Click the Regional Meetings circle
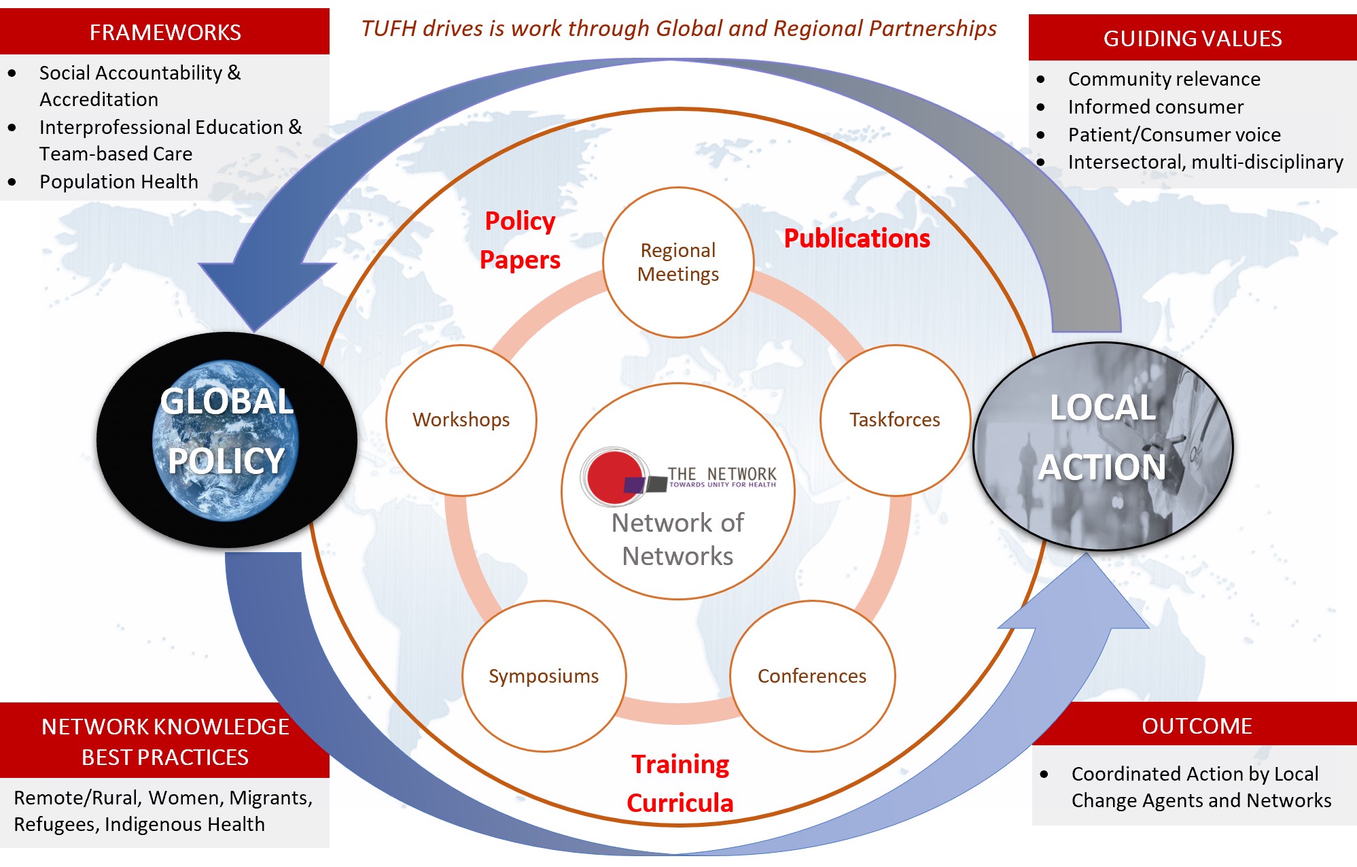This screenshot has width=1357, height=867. click(x=678, y=262)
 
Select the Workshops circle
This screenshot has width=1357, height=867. click(x=461, y=420)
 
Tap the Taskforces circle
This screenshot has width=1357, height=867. click(x=895, y=420)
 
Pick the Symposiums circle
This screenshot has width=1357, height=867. click(x=544, y=676)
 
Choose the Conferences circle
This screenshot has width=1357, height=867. click(x=812, y=676)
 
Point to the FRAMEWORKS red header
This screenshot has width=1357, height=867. click(x=165, y=32)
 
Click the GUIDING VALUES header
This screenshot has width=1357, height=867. click(x=1193, y=38)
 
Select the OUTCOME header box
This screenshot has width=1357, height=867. click(x=1196, y=726)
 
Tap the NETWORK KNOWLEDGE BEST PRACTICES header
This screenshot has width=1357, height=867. click(x=165, y=741)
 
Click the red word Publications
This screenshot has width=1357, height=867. click(x=857, y=238)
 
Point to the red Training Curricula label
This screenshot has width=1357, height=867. click(x=680, y=783)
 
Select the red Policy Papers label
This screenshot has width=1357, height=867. click(x=520, y=240)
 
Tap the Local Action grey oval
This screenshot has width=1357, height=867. click(x=1102, y=445)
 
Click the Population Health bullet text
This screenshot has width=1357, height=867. click(x=119, y=182)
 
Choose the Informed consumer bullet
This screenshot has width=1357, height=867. click(x=1155, y=107)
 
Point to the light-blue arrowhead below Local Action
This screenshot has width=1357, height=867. click(x=1080, y=598)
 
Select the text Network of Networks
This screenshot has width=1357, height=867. click(x=677, y=539)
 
